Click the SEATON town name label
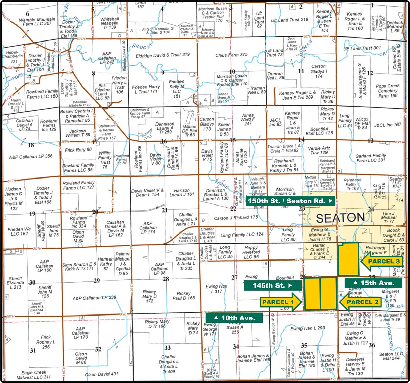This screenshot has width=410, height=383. (x=340, y=218)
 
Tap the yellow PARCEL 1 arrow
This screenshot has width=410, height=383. (x=281, y=302)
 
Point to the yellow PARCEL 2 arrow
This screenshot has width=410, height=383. (x=360, y=302)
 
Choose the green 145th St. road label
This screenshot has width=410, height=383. (x=272, y=285)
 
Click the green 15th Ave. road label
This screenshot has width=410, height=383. (x=373, y=283)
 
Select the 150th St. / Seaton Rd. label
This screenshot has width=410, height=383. (x=290, y=201)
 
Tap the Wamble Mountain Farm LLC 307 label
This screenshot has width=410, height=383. (x=37, y=21)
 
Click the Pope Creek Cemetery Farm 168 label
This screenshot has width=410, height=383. (x=387, y=91)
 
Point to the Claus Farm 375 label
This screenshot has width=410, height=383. (x=232, y=55)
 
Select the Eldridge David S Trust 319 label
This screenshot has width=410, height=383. (x=163, y=55)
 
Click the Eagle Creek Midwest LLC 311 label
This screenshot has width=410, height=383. (x=34, y=374)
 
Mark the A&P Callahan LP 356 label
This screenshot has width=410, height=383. (x=31, y=156)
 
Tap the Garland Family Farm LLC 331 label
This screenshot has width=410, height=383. (x=370, y=158)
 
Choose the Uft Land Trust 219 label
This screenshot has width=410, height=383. (x=290, y=20)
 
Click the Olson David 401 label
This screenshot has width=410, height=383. (x=101, y=374)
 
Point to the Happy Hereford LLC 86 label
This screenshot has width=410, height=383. (x=251, y=252)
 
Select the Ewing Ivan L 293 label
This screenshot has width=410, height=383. (x=308, y=328)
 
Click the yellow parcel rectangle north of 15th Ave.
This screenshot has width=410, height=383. (x=348, y=259)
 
